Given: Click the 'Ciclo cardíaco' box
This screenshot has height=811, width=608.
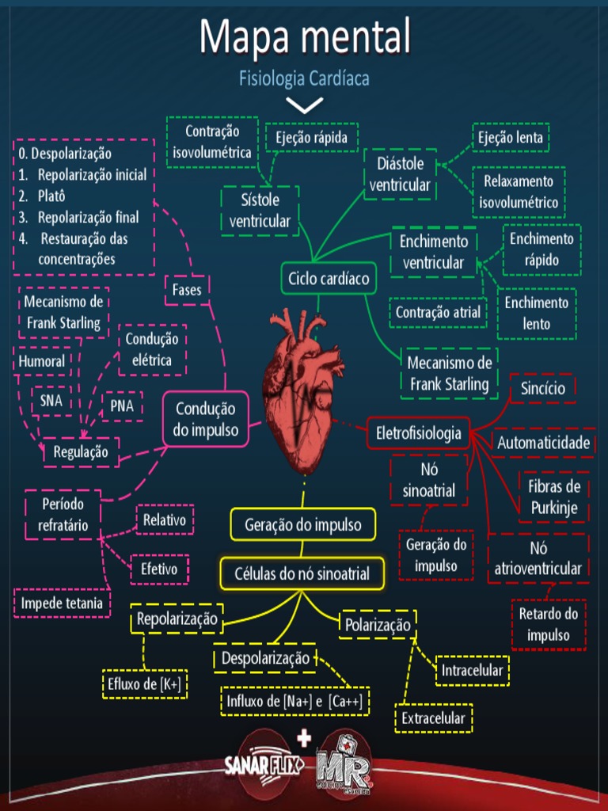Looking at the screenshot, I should click(328, 279).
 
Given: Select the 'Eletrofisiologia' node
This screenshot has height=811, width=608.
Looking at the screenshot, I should click(419, 433).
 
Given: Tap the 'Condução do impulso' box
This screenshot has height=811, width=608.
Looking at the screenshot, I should click(206, 420).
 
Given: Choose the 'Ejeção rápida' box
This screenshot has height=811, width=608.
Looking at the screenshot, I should click(311, 137).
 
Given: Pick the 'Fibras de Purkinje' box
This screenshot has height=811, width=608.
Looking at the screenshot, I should click(553, 497).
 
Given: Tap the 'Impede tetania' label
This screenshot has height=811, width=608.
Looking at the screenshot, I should click(62, 603).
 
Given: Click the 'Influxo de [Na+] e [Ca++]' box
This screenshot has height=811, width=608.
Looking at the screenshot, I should click(294, 701).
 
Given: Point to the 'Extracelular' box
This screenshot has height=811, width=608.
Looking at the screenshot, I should click(433, 718).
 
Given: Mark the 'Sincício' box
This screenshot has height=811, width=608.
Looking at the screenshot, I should click(543, 388).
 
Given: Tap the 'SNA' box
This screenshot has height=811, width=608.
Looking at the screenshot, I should click(51, 401).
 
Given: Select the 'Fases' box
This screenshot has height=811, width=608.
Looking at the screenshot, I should click(187, 290).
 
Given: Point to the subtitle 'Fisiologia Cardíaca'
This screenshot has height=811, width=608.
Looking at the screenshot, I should click(304, 78).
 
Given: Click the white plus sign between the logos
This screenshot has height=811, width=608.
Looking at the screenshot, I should click(302, 739).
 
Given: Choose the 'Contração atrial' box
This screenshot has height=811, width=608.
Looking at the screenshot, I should click(438, 312).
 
